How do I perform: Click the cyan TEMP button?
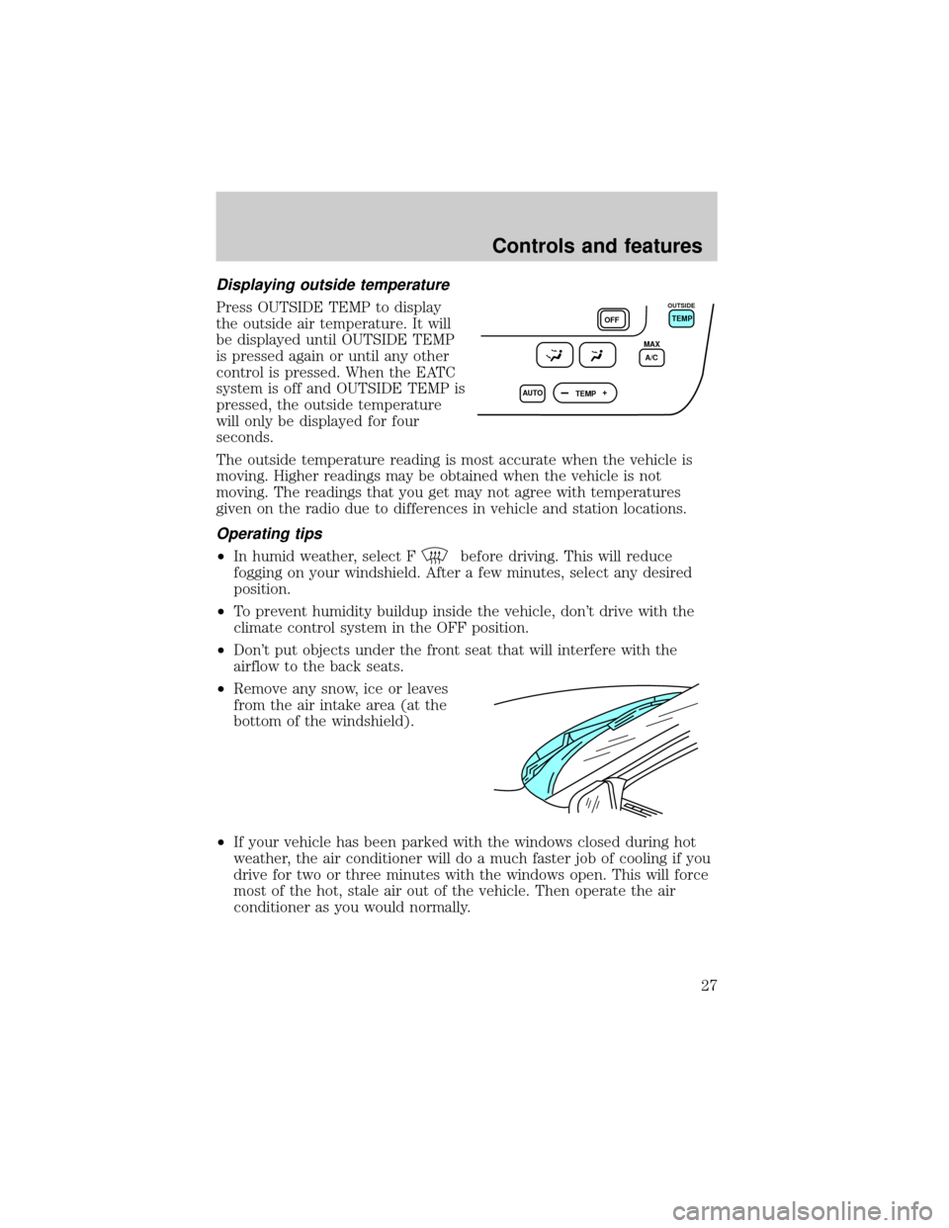[x=681, y=318]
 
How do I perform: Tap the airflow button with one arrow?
[x=594, y=355]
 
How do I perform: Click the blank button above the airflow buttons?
[x=613, y=318]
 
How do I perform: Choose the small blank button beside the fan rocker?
[x=530, y=394]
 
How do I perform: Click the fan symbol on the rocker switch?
[x=603, y=394]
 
